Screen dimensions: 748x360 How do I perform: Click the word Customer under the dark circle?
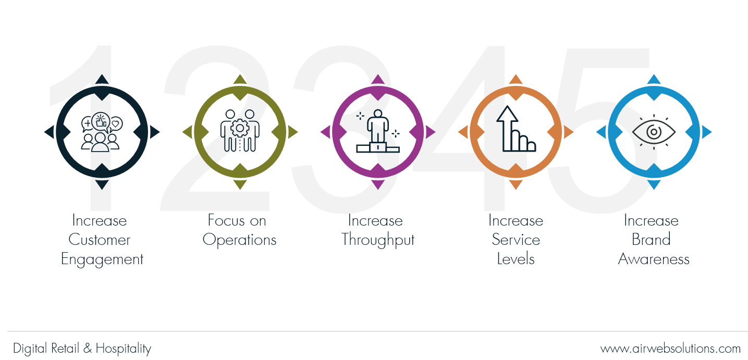point(99,240)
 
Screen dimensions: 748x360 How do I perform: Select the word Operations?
point(239,240)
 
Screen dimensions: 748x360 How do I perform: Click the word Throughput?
point(378,240)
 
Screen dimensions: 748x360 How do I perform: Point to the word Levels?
point(516,259)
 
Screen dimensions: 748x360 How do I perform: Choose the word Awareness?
point(654,259)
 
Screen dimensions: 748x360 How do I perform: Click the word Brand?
point(651,240)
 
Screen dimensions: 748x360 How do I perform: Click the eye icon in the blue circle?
point(654,132)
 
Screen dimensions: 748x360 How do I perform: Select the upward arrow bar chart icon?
point(516,129)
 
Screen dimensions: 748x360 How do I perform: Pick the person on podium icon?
point(378,131)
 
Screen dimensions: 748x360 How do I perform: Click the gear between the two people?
point(240,128)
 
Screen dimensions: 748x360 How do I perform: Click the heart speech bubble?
point(116,124)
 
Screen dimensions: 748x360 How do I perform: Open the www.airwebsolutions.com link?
point(670,349)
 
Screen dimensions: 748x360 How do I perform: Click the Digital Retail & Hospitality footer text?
point(82,349)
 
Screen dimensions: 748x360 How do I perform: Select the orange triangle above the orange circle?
point(516,79)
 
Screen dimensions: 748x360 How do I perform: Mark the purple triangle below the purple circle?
point(378,184)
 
